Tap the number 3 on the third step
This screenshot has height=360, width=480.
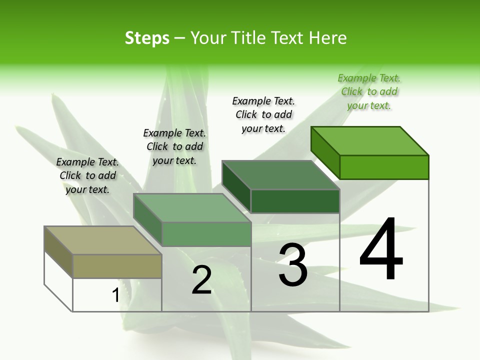(293, 265)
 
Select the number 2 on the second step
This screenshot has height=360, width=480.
(202, 280)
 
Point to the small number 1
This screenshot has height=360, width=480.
(115, 295)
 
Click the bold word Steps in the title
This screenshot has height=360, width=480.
(147, 38)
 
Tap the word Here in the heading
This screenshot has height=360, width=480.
(328, 38)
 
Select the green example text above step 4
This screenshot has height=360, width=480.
(369, 92)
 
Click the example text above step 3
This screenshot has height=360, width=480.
(263, 114)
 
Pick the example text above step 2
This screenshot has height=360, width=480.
(174, 146)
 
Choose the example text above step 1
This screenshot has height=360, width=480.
(87, 175)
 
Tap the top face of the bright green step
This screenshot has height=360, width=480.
(370, 140)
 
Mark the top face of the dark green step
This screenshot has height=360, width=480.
(280, 175)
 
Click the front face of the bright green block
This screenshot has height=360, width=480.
(384, 167)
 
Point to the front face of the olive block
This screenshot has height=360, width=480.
(117, 266)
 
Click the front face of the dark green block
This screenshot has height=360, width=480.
(295, 201)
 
